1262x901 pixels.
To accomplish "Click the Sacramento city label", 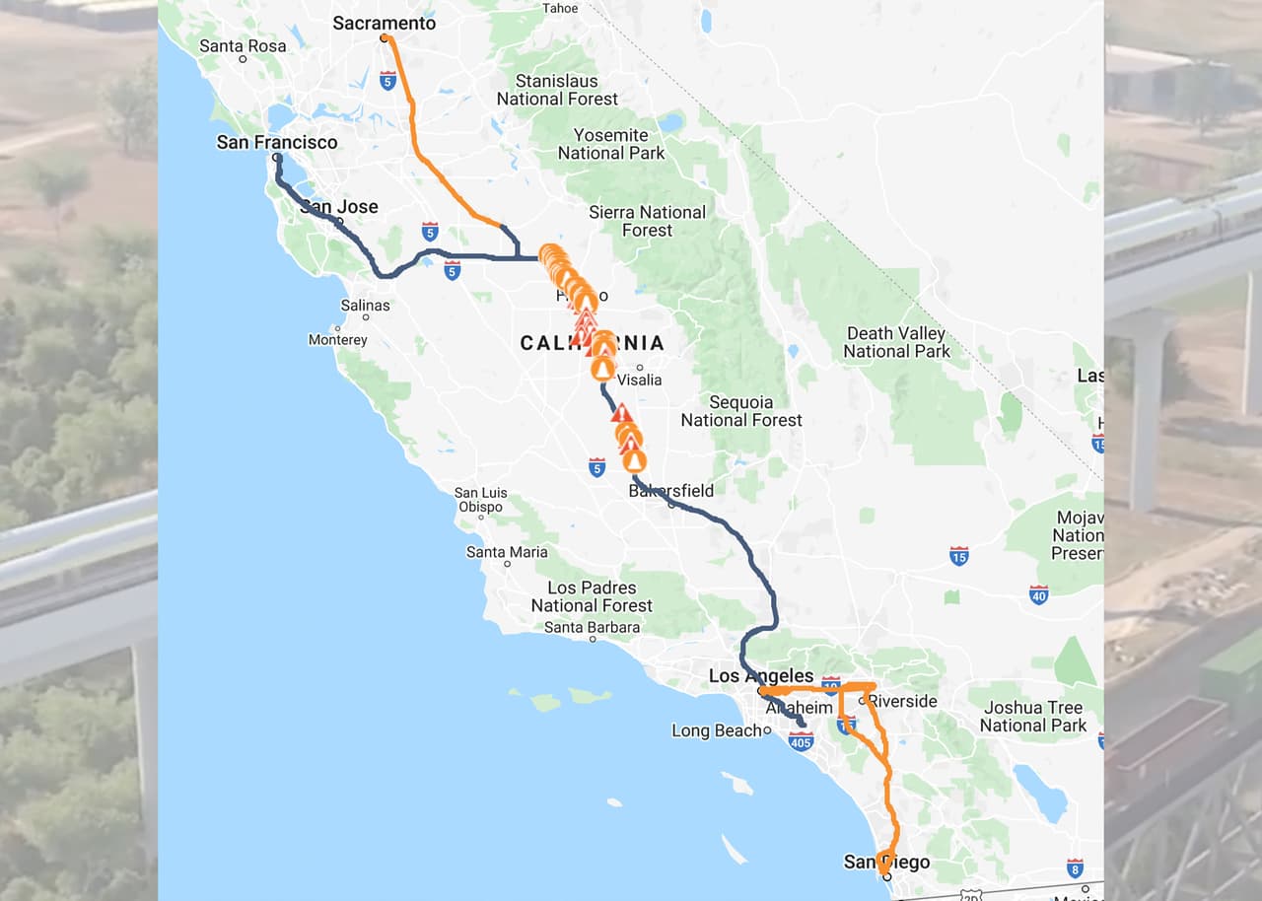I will click(384, 23).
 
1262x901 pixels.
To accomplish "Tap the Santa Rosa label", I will click(242, 45).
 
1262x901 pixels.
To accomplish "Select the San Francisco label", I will click(276, 142).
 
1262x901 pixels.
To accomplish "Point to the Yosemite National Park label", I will click(611, 144).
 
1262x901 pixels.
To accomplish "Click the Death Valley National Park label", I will click(896, 342).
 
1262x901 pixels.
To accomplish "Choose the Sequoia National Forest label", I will click(741, 411).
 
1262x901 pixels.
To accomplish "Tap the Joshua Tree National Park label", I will click(1032, 717).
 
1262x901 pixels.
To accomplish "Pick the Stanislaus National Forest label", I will click(557, 90).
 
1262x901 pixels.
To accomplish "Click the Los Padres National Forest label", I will click(592, 596).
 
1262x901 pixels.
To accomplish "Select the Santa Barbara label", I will click(592, 627).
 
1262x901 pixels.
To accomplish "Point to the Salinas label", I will click(365, 306).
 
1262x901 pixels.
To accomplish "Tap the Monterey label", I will click(337, 340).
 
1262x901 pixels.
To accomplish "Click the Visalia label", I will click(640, 380).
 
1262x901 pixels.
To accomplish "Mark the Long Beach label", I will click(717, 730).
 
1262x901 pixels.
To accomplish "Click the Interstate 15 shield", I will click(958, 557).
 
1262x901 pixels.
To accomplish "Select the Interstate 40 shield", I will click(1038, 594).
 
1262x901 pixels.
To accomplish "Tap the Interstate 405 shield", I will click(801, 741).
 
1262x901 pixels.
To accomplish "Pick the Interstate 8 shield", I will click(1075, 868).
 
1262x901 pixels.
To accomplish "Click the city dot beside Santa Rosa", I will click(243, 59).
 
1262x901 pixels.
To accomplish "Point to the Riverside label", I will click(902, 702).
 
